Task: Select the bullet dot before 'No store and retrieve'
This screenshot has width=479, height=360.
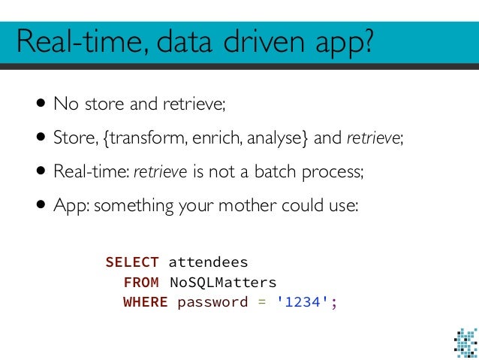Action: [x=38, y=104]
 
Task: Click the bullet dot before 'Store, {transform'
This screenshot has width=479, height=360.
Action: [x=38, y=138]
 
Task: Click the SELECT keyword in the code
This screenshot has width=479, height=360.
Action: [x=132, y=262]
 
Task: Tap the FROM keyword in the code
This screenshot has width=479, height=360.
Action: [x=140, y=283]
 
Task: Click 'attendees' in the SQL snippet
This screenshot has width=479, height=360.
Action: [x=208, y=262]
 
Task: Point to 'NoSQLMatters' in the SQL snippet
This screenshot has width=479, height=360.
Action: [x=222, y=283]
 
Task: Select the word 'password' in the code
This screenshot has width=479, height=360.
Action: [x=212, y=303]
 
